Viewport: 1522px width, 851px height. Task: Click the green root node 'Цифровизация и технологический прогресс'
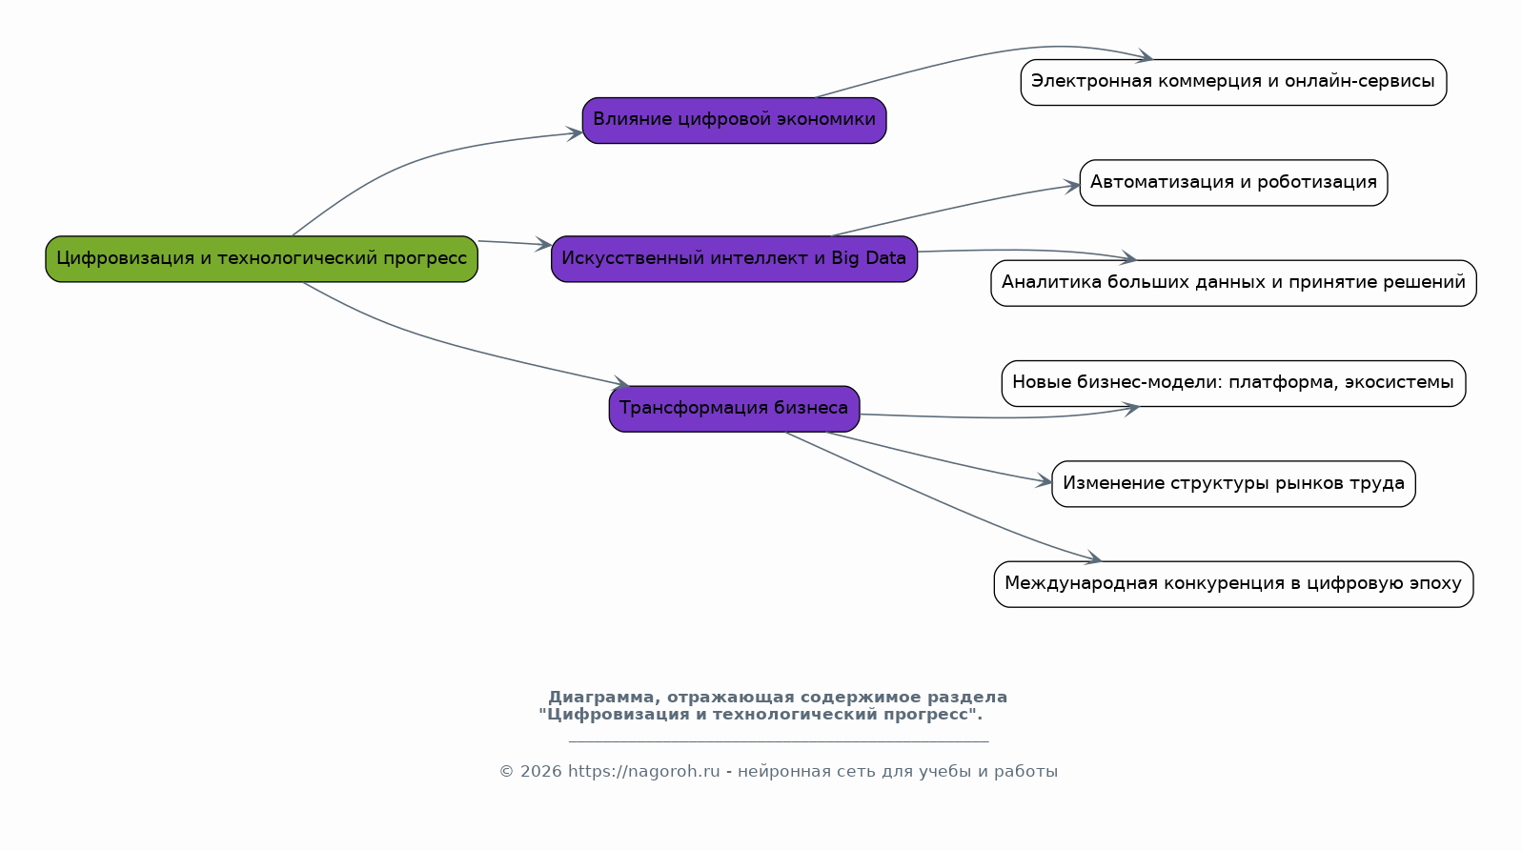click(x=261, y=259)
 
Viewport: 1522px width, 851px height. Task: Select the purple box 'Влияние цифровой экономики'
click(x=734, y=120)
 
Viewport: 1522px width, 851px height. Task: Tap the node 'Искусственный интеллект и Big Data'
click(x=734, y=259)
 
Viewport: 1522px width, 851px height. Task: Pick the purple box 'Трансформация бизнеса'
click(x=734, y=409)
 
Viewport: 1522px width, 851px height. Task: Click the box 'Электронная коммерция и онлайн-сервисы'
click(x=1233, y=82)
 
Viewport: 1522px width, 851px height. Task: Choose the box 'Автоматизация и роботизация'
click(x=1233, y=183)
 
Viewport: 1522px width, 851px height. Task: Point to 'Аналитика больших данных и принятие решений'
click(x=1233, y=283)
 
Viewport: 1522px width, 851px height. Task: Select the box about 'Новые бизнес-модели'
click(x=1233, y=384)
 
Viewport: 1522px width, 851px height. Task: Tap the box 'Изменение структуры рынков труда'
click(x=1233, y=483)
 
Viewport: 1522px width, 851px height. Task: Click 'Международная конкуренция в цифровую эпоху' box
click(x=1233, y=584)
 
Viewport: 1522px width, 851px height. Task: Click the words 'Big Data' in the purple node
click(x=868, y=258)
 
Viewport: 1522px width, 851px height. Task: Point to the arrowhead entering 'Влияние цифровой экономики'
click(x=575, y=133)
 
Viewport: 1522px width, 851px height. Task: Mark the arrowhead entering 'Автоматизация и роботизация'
click(x=1072, y=186)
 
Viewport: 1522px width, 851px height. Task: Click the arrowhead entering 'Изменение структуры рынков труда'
click(x=1045, y=481)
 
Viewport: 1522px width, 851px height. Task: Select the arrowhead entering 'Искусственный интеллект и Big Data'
click(x=543, y=244)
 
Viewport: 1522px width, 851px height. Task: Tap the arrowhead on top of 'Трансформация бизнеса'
click(x=621, y=382)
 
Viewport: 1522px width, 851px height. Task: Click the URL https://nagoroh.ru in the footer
click(x=643, y=772)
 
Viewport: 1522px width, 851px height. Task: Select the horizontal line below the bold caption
click(x=779, y=741)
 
